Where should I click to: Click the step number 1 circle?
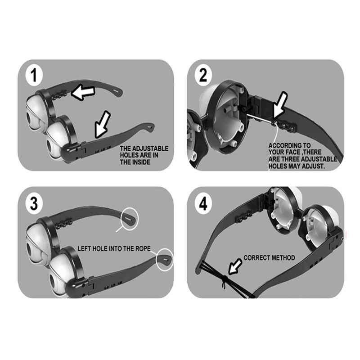(x=34, y=76)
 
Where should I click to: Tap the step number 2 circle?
(x=203, y=75)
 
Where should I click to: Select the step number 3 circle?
(x=34, y=203)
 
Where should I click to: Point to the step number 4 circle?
(x=203, y=203)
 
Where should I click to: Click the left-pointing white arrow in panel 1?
(x=83, y=93)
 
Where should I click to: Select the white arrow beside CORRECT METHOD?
(x=235, y=267)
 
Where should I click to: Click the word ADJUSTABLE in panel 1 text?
(x=151, y=148)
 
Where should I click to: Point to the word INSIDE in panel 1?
(x=141, y=162)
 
